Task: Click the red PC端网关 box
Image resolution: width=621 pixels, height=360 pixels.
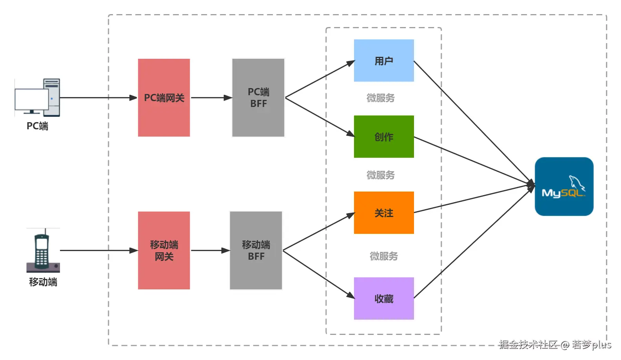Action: click(164, 98)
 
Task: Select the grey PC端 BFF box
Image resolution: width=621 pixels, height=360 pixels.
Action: click(258, 98)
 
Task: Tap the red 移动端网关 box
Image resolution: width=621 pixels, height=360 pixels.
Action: click(164, 250)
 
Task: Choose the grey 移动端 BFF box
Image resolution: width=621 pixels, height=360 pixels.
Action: click(256, 250)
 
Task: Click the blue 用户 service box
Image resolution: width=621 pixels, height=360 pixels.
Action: click(384, 60)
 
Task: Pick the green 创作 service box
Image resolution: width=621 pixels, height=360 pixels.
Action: click(384, 137)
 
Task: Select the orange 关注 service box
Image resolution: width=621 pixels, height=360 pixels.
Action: click(384, 213)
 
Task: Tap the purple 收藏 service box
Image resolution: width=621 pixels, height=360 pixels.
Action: click(384, 298)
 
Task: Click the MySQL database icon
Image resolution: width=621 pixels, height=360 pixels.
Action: click(564, 186)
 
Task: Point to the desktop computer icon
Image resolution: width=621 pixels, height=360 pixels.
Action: click(38, 98)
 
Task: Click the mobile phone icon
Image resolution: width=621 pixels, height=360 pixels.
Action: click(43, 251)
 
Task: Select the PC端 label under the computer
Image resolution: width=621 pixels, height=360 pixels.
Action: click(37, 126)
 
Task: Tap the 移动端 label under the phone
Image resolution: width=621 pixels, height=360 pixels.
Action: click(43, 282)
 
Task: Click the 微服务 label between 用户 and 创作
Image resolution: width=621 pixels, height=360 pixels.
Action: click(380, 98)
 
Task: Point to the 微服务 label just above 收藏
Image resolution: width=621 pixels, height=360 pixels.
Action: click(383, 256)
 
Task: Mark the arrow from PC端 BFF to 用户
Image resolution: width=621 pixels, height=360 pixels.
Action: click(320, 79)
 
